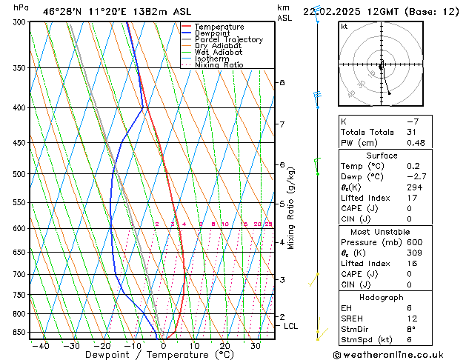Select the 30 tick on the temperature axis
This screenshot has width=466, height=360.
point(255,345)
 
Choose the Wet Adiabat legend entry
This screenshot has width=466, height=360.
point(220,53)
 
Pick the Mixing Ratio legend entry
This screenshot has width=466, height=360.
point(221,65)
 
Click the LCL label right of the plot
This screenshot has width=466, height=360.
point(291,325)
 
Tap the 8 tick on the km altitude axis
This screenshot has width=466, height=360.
point(282,82)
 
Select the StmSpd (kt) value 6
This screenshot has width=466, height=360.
point(408,340)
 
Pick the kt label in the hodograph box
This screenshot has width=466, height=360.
point(344,26)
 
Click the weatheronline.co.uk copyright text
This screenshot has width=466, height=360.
point(393,354)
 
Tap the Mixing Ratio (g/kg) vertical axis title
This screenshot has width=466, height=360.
point(291,208)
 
